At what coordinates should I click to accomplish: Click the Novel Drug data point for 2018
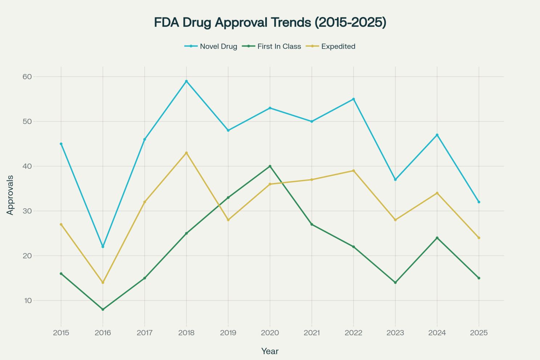pyautogui.click(x=187, y=81)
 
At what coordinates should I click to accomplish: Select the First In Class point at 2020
pyautogui.click(x=270, y=166)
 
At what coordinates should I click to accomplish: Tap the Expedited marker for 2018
pyautogui.click(x=187, y=153)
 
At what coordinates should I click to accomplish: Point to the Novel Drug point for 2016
pyautogui.click(x=103, y=247)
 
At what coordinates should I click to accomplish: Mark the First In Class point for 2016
pyautogui.click(x=103, y=310)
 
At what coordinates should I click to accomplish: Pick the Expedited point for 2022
pyautogui.click(x=353, y=171)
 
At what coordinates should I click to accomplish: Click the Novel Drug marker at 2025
pyautogui.click(x=479, y=202)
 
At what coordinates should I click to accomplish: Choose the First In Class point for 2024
pyautogui.click(x=437, y=238)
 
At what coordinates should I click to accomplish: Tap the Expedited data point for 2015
pyautogui.click(x=61, y=224)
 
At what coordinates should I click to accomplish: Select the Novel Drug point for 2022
pyautogui.click(x=353, y=99)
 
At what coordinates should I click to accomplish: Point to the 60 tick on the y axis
pyautogui.click(x=28, y=77)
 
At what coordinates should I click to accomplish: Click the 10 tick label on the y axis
pyautogui.click(x=28, y=300)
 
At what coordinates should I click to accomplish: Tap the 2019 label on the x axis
pyautogui.click(x=228, y=333)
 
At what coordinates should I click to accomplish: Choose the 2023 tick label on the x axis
pyautogui.click(x=395, y=333)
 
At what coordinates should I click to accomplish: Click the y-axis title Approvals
pyautogui.click(x=10, y=195)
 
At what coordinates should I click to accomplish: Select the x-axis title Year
pyautogui.click(x=270, y=351)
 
